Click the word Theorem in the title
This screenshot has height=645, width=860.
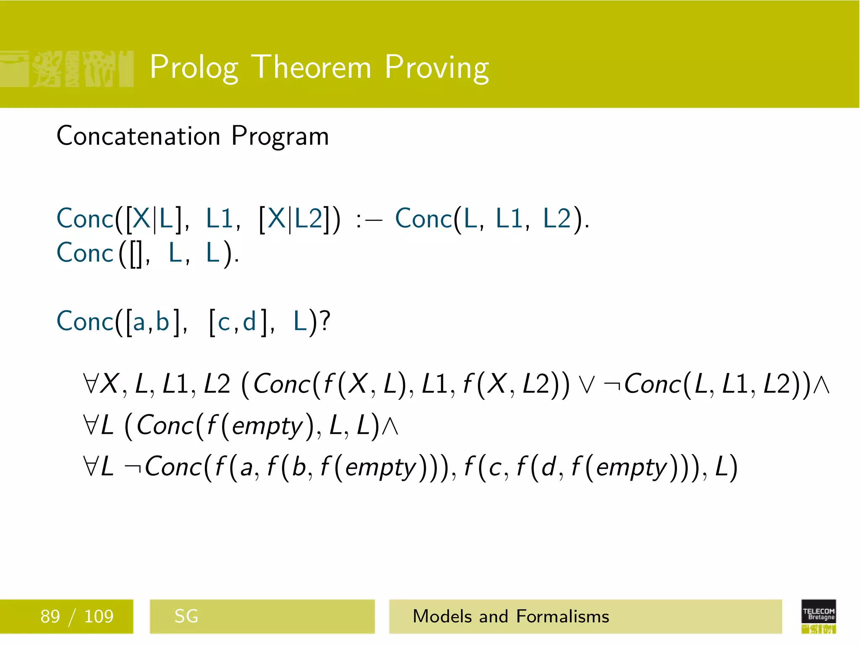coord(313,67)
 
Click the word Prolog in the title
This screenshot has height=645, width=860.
coord(194,67)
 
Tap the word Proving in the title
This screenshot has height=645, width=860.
coord(437,67)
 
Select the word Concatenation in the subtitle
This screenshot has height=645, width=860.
coord(139,136)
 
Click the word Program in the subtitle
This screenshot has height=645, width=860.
coord(280,137)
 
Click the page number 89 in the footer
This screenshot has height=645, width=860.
coord(50,616)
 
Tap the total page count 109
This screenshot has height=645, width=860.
coord(99,616)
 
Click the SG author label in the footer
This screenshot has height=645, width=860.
coord(186,616)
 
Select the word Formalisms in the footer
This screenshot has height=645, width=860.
coord(563,616)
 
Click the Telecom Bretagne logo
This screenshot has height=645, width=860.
coord(818,616)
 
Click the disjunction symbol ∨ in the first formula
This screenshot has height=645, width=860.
coord(586,385)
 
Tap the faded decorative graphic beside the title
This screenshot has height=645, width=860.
coord(67,69)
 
